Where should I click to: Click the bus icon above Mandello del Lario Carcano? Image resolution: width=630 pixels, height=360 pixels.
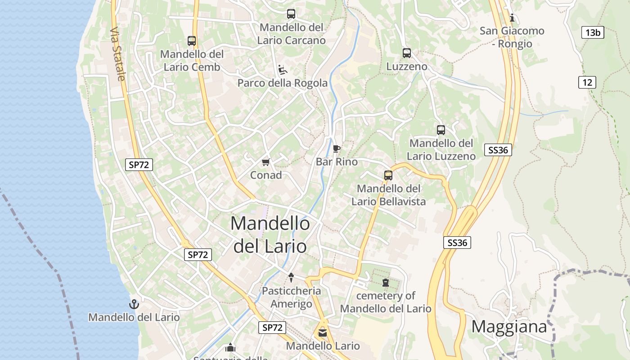tap(291, 14)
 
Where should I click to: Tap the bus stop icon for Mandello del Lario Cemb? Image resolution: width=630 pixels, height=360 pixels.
tap(192, 41)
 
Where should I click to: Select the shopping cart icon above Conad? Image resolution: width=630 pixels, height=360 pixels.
tap(265, 162)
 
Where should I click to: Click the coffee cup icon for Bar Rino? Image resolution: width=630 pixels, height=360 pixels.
tap(336, 148)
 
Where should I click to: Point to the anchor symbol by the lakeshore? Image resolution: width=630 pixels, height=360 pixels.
tap(134, 304)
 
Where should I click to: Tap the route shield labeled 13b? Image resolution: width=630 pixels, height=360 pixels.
tap(593, 32)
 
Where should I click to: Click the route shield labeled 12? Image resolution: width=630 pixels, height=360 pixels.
tap(587, 82)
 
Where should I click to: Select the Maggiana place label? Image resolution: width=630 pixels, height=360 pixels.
tap(509, 327)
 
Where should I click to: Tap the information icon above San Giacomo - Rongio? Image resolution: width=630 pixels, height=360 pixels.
tap(512, 18)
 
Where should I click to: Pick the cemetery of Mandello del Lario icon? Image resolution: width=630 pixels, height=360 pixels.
tap(385, 283)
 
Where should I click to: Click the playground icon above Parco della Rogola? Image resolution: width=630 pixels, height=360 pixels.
tap(283, 70)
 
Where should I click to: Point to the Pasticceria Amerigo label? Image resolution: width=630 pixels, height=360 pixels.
tap(292, 297)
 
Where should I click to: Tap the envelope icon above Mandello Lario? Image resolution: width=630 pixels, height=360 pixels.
tap(323, 333)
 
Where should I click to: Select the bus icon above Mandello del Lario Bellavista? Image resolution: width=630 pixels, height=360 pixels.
tap(388, 175)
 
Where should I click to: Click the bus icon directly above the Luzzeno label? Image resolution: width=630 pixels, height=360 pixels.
tap(407, 53)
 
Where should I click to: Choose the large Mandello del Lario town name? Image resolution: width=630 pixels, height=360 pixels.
tap(270, 234)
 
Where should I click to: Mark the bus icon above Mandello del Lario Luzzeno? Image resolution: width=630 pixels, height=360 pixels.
tap(441, 130)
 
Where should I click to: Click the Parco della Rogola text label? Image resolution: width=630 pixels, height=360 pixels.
tap(283, 83)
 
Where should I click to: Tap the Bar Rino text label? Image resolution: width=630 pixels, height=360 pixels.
tap(337, 162)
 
